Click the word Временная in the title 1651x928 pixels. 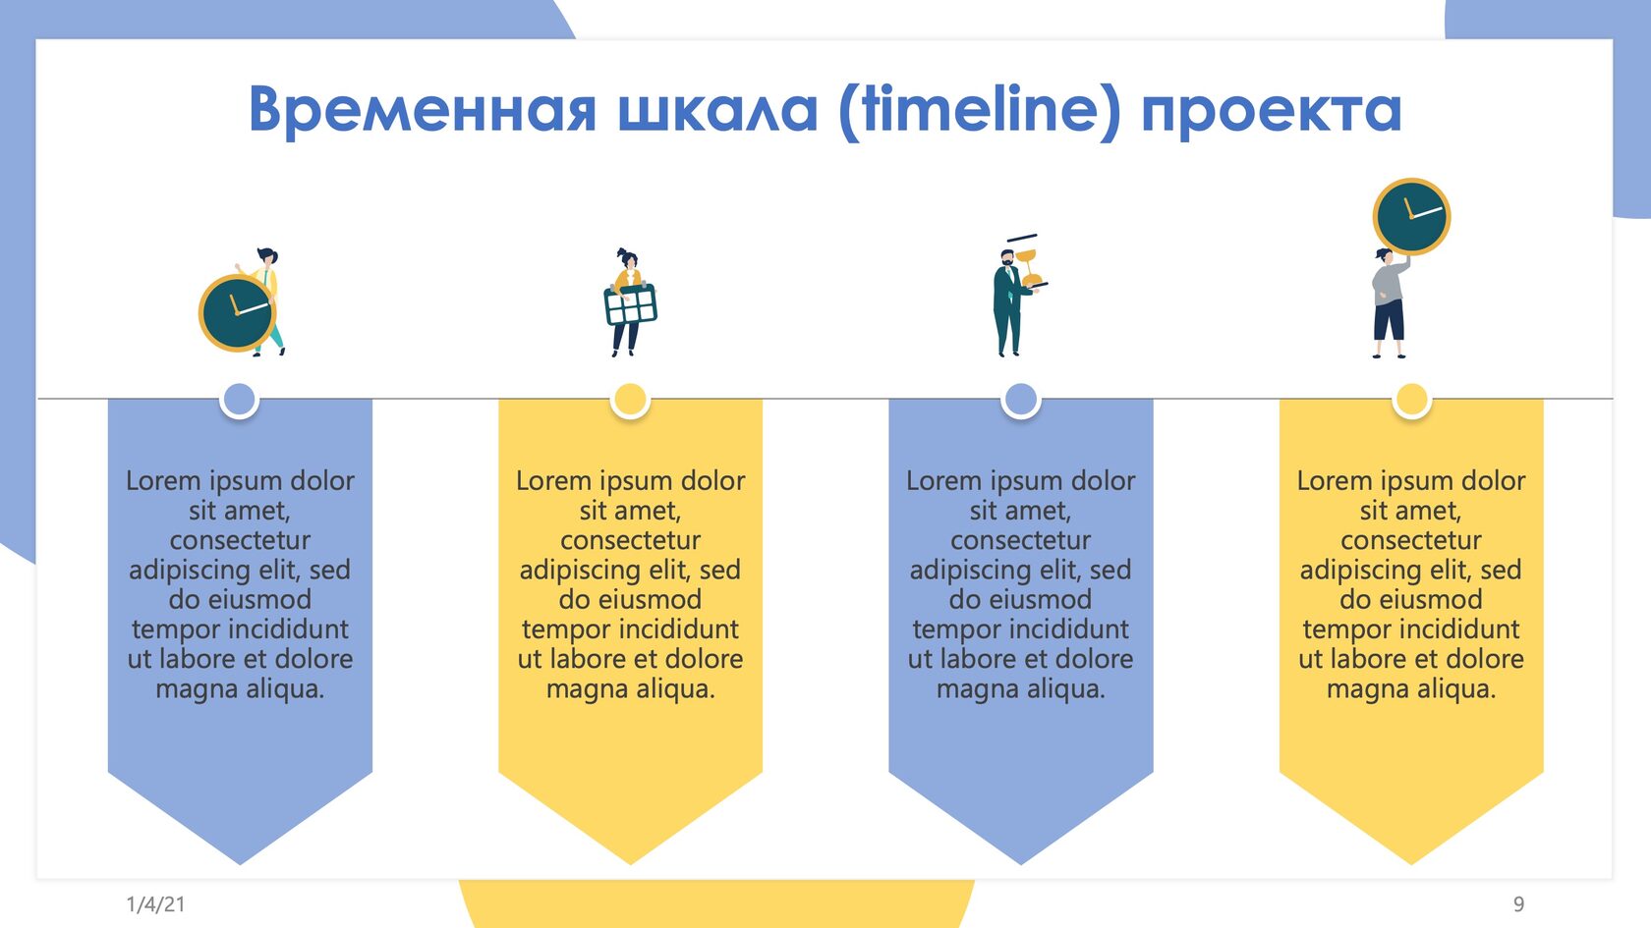pyautogui.click(x=423, y=110)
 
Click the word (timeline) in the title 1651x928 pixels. pyautogui.click(x=980, y=110)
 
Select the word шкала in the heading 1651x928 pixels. pyautogui.click(x=717, y=110)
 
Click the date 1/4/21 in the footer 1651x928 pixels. pyautogui.click(x=155, y=903)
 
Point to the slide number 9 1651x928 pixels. pyautogui.click(x=1518, y=903)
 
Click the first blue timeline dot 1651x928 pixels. pyautogui.click(x=240, y=400)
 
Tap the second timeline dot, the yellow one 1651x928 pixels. pyautogui.click(x=630, y=400)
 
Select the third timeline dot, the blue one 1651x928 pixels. pyautogui.click(x=1021, y=400)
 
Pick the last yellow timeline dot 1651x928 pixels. pyautogui.click(x=1411, y=400)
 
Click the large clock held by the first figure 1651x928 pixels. pyautogui.click(x=238, y=313)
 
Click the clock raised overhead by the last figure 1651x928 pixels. pyautogui.click(x=1411, y=216)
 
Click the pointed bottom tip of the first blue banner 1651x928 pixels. pyautogui.click(x=240, y=864)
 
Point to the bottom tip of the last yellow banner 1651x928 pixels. pyautogui.click(x=1411, y=864)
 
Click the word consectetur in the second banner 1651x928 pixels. pyautogui.click(x=630, y=540)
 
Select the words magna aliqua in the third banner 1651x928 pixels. pyautogui.click(x=1021, y=689)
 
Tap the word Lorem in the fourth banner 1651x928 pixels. pyautogui.click(x=1336, y=480)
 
